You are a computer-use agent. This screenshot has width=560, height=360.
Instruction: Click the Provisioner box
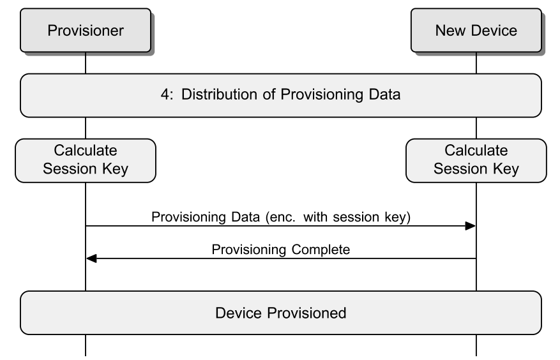pyautogui.click(x=86, y=31)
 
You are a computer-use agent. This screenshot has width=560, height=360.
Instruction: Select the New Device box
pyautogui.click(x=476, y=31)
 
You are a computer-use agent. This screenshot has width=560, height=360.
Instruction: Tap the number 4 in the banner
pyautogui.click(x=165, y=94)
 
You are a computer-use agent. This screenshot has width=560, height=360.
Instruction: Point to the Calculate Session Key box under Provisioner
pyautogui.click(x=86, y=161)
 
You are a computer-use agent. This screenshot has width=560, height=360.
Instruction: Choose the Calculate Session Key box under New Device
pyautogui.click(x=476, y=161)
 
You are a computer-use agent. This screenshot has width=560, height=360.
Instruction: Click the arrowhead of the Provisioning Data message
pyautogui.click(x=471, y=226)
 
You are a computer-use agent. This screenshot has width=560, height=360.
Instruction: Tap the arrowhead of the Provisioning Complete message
pyautogui.click(x=91, y=259)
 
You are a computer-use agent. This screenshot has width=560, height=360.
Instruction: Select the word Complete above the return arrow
pyautogui.click(x=321, y=250)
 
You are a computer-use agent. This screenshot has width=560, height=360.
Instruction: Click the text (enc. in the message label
pyautogui.click(x=280, y=217)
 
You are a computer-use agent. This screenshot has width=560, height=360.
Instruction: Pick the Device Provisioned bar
pyautogui.click(x=281, y=313)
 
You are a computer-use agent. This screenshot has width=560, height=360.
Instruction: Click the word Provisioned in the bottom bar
pyautogui.click(x=306, y=313)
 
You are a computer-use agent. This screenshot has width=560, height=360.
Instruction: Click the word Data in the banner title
pyautogui.click(x=384, y=94)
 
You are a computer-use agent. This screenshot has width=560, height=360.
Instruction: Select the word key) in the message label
pyautogui.click(x=398, y=217)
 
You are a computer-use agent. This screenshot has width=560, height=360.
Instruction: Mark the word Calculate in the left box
pyautogui.click(x=86, y=151)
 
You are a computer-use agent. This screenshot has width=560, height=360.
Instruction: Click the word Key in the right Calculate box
pyautogui.click(x=506, y=169)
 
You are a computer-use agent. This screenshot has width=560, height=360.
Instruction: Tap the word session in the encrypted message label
pyautogui.click(x=356, y=217)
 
